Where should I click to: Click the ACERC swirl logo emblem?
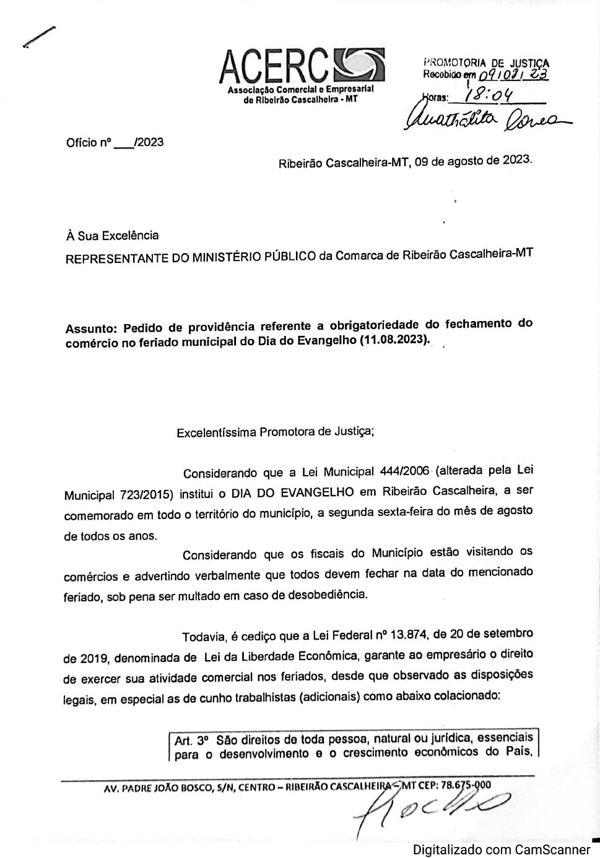coord(359,64)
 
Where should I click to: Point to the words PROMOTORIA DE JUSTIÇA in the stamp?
coord(486,62)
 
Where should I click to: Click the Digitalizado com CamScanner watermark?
coord(502,849)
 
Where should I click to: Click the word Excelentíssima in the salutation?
coord(216,432)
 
